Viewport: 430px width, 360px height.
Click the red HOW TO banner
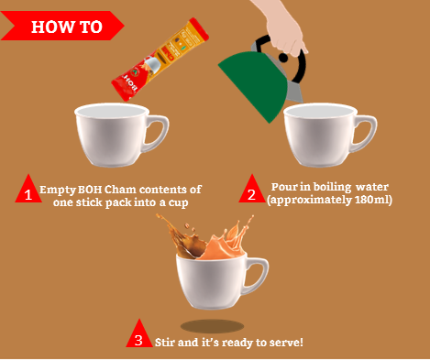61,26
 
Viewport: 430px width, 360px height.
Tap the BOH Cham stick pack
160,60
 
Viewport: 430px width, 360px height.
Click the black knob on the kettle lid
283,58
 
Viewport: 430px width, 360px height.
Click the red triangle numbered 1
28,189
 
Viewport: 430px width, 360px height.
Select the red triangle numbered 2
252,189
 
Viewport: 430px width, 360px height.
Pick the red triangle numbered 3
139,333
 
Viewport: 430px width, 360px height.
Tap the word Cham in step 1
120,190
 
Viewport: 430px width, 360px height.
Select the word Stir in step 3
165,342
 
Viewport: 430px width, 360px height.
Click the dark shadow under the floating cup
212,326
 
